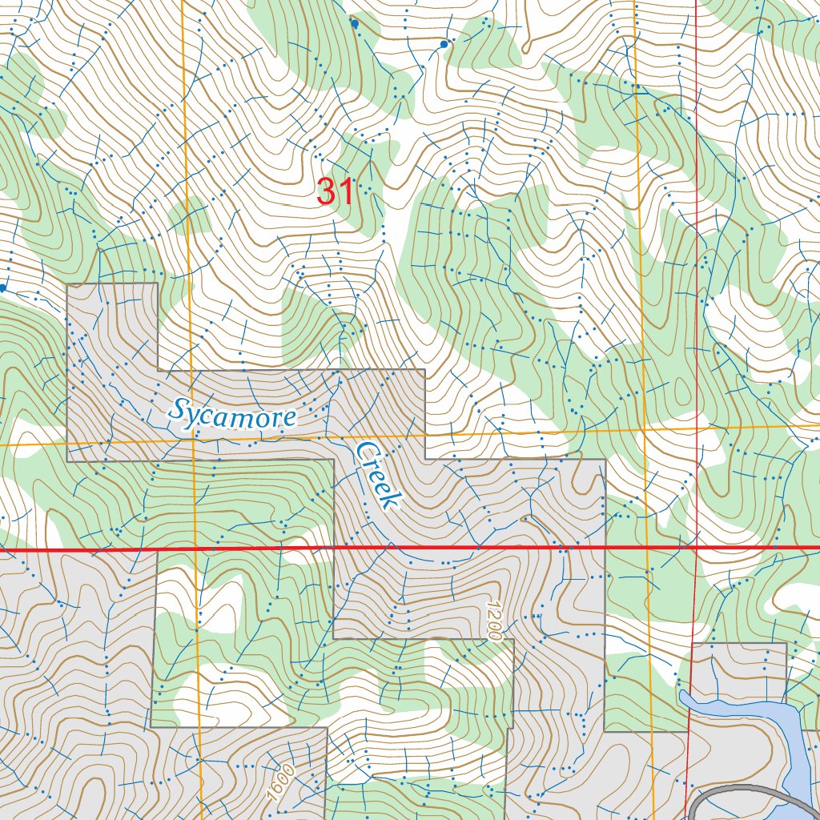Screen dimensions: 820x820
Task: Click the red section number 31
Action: pyautogui.click(x=335, y=192)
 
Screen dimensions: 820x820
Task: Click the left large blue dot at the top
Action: pyautogui.click(x=355, y=24)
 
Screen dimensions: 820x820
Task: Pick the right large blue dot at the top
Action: pyautogui.click(x=444, y=45)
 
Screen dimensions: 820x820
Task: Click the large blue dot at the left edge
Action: pyautogui.click(x=3, y=287)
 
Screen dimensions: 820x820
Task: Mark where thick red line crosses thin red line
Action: pyautogui.click(x=696, y=548)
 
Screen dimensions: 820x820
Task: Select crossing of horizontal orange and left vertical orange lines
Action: pyautogui.click(x=192, y=441)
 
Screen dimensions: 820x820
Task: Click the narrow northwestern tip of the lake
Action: pyautogui.click(x=683, y=697)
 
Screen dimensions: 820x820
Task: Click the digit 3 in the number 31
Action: pyautogui.click(x=326, y=192)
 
